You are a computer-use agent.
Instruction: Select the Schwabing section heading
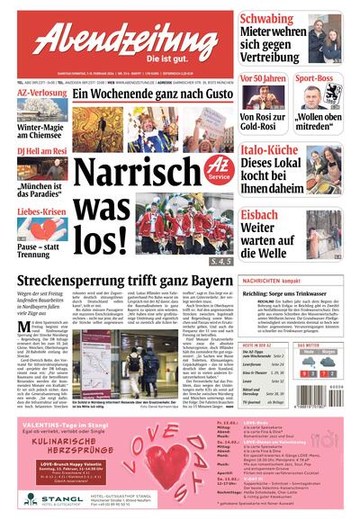274,19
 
